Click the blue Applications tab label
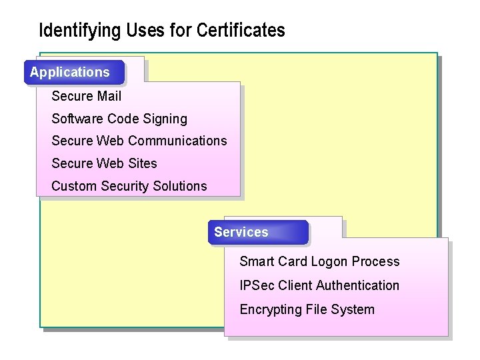[x=70, y=72]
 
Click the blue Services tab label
[x=241, y=232]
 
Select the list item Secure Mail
[x=86, y=96]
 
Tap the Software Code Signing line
[x=119, y=119]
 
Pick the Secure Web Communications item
[x=139, y=141]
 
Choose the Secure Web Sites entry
[x=104, y=163]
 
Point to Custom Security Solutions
[x=129, y=186]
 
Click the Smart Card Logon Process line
[x=319, y=261]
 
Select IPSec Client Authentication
[x=319, y=285]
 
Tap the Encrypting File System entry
[x=307, y=309]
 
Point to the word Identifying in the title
[x=75, y=31]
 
